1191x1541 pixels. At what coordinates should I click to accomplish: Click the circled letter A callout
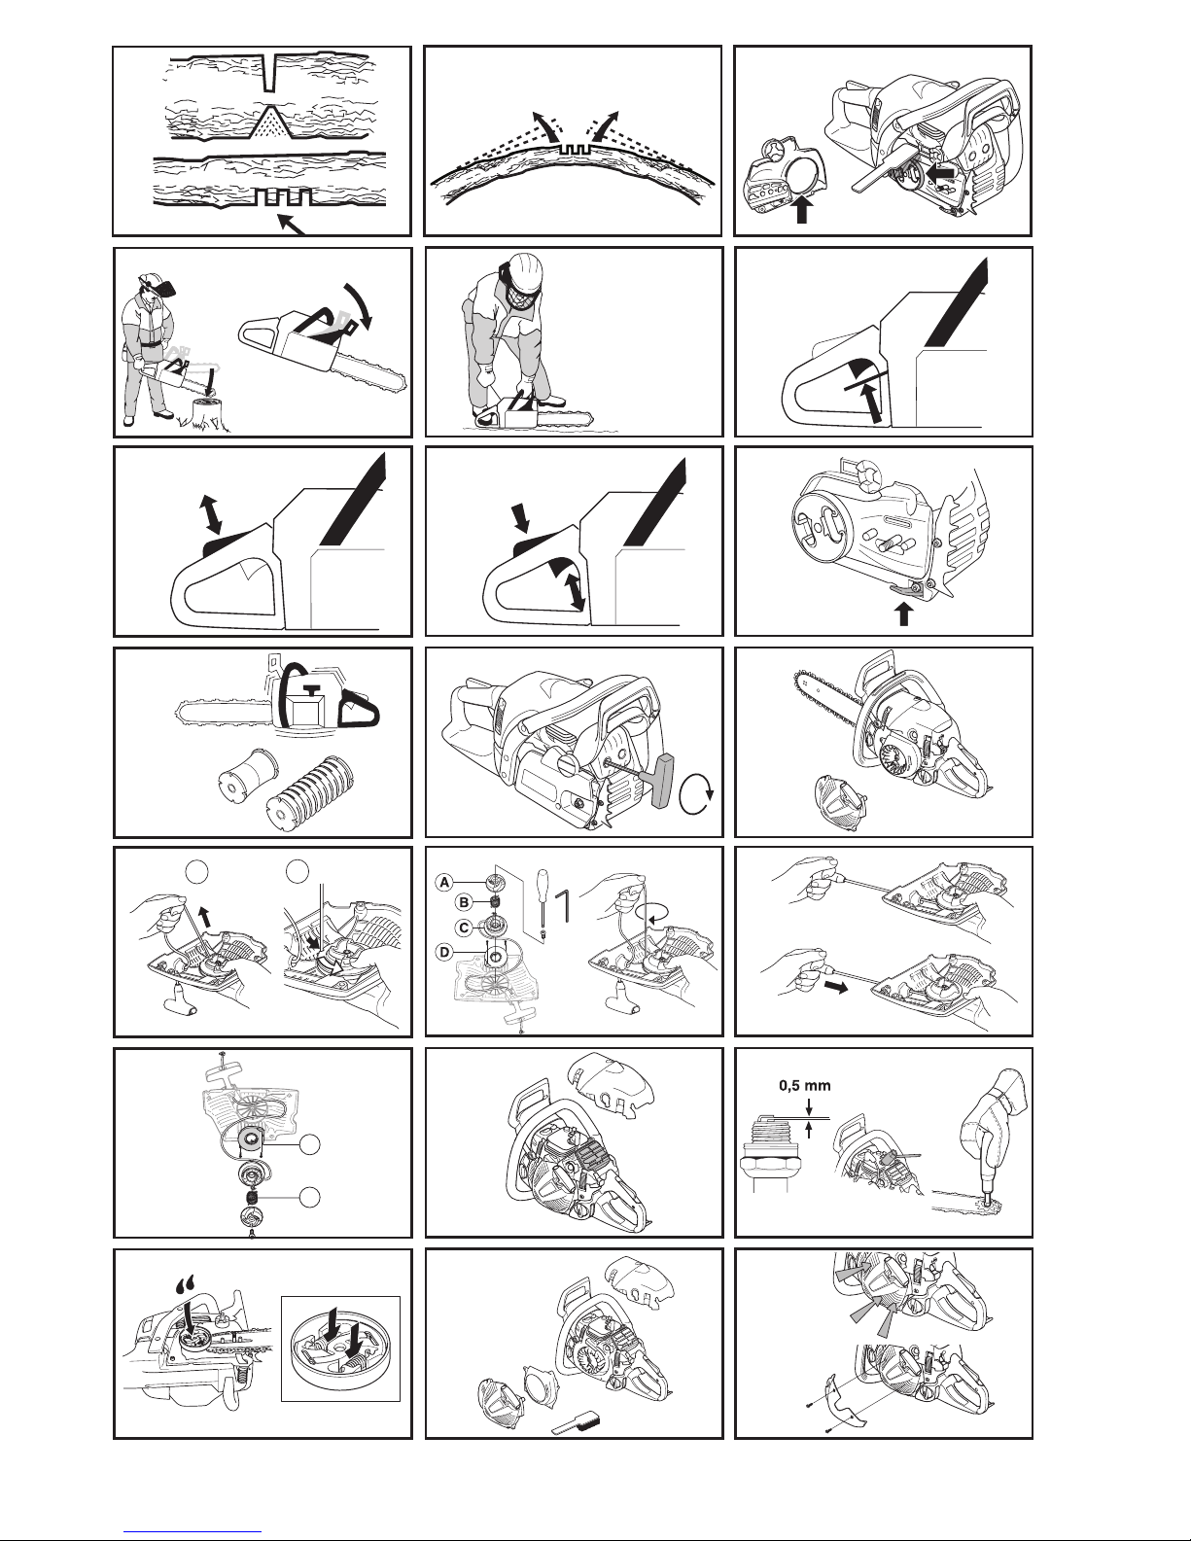coord(444,882)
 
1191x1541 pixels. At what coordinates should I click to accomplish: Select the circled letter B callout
coord(464,902)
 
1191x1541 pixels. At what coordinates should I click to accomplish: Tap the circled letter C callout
coord(464,927)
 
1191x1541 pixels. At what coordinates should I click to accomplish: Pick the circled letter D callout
coord(444,952)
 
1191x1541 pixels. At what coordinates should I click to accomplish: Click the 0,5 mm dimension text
coord(805,1085)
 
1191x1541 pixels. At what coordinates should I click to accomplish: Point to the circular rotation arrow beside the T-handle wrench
coord(695,795)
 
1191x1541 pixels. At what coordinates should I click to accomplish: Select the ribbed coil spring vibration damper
coord(311,792)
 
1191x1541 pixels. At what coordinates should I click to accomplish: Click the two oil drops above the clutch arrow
coord(187,1282)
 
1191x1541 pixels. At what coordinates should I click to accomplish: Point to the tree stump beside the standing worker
coord(208,413)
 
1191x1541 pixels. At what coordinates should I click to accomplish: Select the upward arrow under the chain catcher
coord(903,613)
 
